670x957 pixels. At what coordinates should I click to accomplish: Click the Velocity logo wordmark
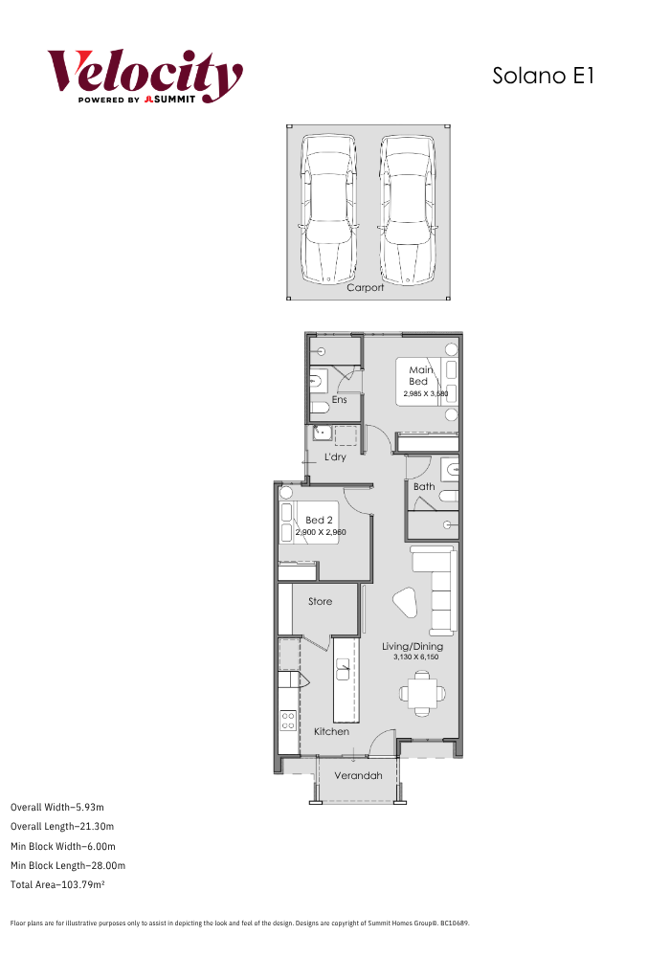pyautogui.click(x=145, y=73)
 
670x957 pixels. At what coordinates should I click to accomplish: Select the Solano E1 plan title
pyautogui.click(x=543, y=76)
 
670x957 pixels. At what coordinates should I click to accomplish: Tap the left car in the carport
pyautogui.click(x=329, y=209)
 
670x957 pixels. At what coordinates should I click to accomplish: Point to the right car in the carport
pyautogui.click(x=408, y=209)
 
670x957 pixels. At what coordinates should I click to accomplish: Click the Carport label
pyautogui.click(x=366, y=287)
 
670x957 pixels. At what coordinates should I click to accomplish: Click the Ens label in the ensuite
pyautogui.click(x=339, y=400)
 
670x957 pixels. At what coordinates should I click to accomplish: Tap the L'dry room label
pyautogui.click(x=335, y=456)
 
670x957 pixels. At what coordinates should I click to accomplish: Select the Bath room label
pyautogui.click(x=424, y=486)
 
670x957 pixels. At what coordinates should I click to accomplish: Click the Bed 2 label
pyautogui.click(x=319, y=520)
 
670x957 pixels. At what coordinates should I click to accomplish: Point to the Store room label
pyautogui.click(x=321, y=601)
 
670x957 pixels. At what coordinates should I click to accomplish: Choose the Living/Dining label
pyautogui.click(x=413, y=646)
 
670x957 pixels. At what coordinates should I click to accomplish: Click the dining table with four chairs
pyautogui.click(x=422, y=693)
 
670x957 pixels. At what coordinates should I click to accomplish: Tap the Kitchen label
pyautogui.click(x=331, y=731)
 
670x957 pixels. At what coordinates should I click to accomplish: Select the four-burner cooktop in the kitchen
pyautogui.click(x=288, y=721)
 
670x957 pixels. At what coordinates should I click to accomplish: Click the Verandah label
pyautogui.click(x=358, y=776)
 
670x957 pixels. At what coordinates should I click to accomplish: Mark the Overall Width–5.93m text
pyautogui.click(x=57, y=807)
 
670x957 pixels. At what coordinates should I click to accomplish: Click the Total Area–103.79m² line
pyautogui.click(x=58, y=884)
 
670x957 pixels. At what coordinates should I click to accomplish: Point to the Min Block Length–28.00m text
pyautogui.click(x=68, y=865)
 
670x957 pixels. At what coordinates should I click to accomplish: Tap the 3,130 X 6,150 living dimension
pyautogui.click(x=416, y=657)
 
